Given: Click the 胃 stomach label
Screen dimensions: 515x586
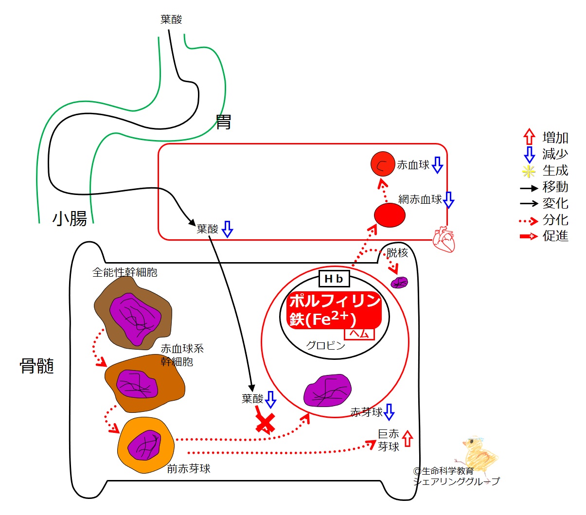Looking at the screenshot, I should pyautogui.click(x=223, y=122).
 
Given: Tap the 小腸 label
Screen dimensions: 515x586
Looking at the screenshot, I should pyautogui.click(x=70, y=219).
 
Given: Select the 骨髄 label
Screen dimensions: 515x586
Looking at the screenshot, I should pyautogui.click(x=36, y=366).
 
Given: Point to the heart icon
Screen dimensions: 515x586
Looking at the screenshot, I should pyautogui.click(x=444, y=239).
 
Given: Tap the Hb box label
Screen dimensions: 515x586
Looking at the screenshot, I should pyautogui.click(x=334, y=279).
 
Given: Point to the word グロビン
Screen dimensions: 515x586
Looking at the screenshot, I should pyautogui.click(x=325, y=346).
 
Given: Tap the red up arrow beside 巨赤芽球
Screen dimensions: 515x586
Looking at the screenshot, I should pyautogui.click(x=408, y=439).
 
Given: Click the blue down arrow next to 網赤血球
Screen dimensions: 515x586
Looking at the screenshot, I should pyautogui.click(x=448, y=200).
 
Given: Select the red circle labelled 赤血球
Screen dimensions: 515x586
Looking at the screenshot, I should pyautogui.click(x=383, y=164).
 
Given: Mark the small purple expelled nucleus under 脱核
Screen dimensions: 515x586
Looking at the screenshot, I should pyautogui.click(x=400, y=283).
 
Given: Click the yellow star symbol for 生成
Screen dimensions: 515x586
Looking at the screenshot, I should pyautogui.click(x=529, y=171).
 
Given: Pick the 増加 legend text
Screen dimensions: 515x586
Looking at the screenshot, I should pyautogui.click(x=555, y=138).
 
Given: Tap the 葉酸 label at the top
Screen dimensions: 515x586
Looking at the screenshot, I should pyautogui.click(x=171, y=19).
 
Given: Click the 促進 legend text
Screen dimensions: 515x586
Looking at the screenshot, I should pyautogui.click(x=555, y=236).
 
